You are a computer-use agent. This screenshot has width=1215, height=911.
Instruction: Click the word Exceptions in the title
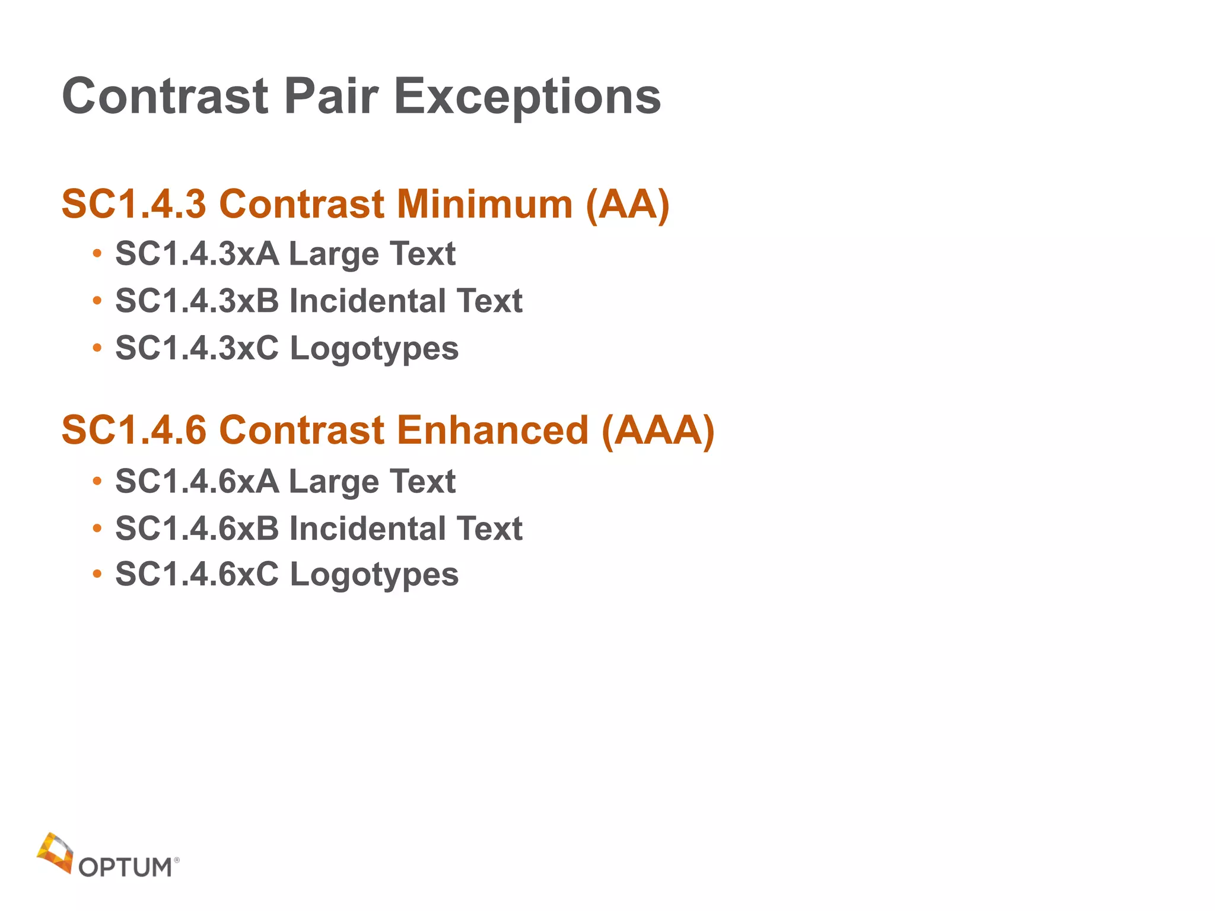pos(527,97)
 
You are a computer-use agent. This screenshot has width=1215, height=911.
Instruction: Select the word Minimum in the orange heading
pos(485,204)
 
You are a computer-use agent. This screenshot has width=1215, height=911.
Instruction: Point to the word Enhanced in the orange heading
pos(492,430)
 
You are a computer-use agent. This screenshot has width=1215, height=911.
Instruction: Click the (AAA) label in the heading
pos(658,431)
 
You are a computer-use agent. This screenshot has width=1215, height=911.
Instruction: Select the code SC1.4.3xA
pos(197,254)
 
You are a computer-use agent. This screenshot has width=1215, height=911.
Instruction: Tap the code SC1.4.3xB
pos(197,301)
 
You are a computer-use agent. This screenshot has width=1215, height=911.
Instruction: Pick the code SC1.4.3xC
pos(197,348)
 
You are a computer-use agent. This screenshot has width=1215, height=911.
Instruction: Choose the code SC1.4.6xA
pos(197,481)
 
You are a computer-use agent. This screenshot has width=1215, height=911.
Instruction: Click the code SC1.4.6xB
pos(197,528)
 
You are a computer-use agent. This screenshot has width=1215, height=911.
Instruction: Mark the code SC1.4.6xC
pos(197,575)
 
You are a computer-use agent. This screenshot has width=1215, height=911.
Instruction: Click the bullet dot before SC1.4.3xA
pos(97,254)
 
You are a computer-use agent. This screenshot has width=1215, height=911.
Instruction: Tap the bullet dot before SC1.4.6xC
pos(97,575)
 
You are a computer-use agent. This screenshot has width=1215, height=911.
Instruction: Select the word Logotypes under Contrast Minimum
pos(374,349)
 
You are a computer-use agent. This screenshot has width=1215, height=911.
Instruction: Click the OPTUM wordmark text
pos(125,868)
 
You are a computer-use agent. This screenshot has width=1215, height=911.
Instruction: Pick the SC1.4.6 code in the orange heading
pos(134,430)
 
